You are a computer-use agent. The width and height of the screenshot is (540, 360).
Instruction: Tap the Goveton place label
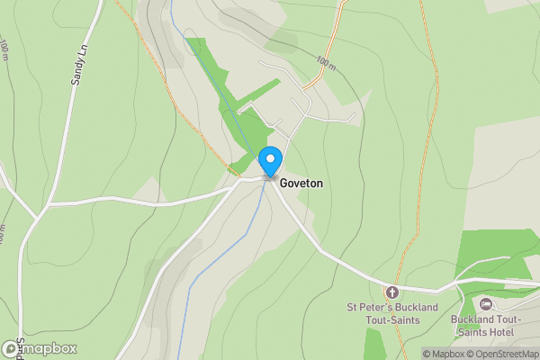[x=301, y=183]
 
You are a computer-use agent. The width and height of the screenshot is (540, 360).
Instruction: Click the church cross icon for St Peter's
[x=391, y=292]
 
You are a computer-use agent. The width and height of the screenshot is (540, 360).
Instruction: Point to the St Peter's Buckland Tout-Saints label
[x=392, y=313]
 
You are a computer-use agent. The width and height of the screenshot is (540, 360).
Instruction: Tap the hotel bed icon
[x=487, y=304]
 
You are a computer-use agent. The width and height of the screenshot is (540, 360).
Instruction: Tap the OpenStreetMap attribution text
[x=505, y=354]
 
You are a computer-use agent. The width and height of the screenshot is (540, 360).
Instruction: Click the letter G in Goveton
[x=283, y=183]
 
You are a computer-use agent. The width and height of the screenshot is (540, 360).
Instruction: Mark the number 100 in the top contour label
[x=321, y=62]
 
